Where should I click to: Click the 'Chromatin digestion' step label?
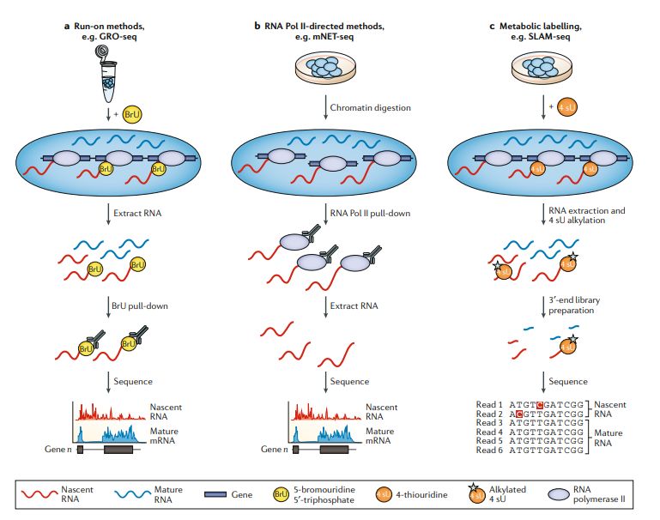pyautogui.click(x=372, y=107)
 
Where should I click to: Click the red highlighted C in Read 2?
pyautogui.click(x=519, y=413)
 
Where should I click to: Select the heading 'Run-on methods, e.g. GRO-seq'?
pyautogui.click(x=120, y=31)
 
